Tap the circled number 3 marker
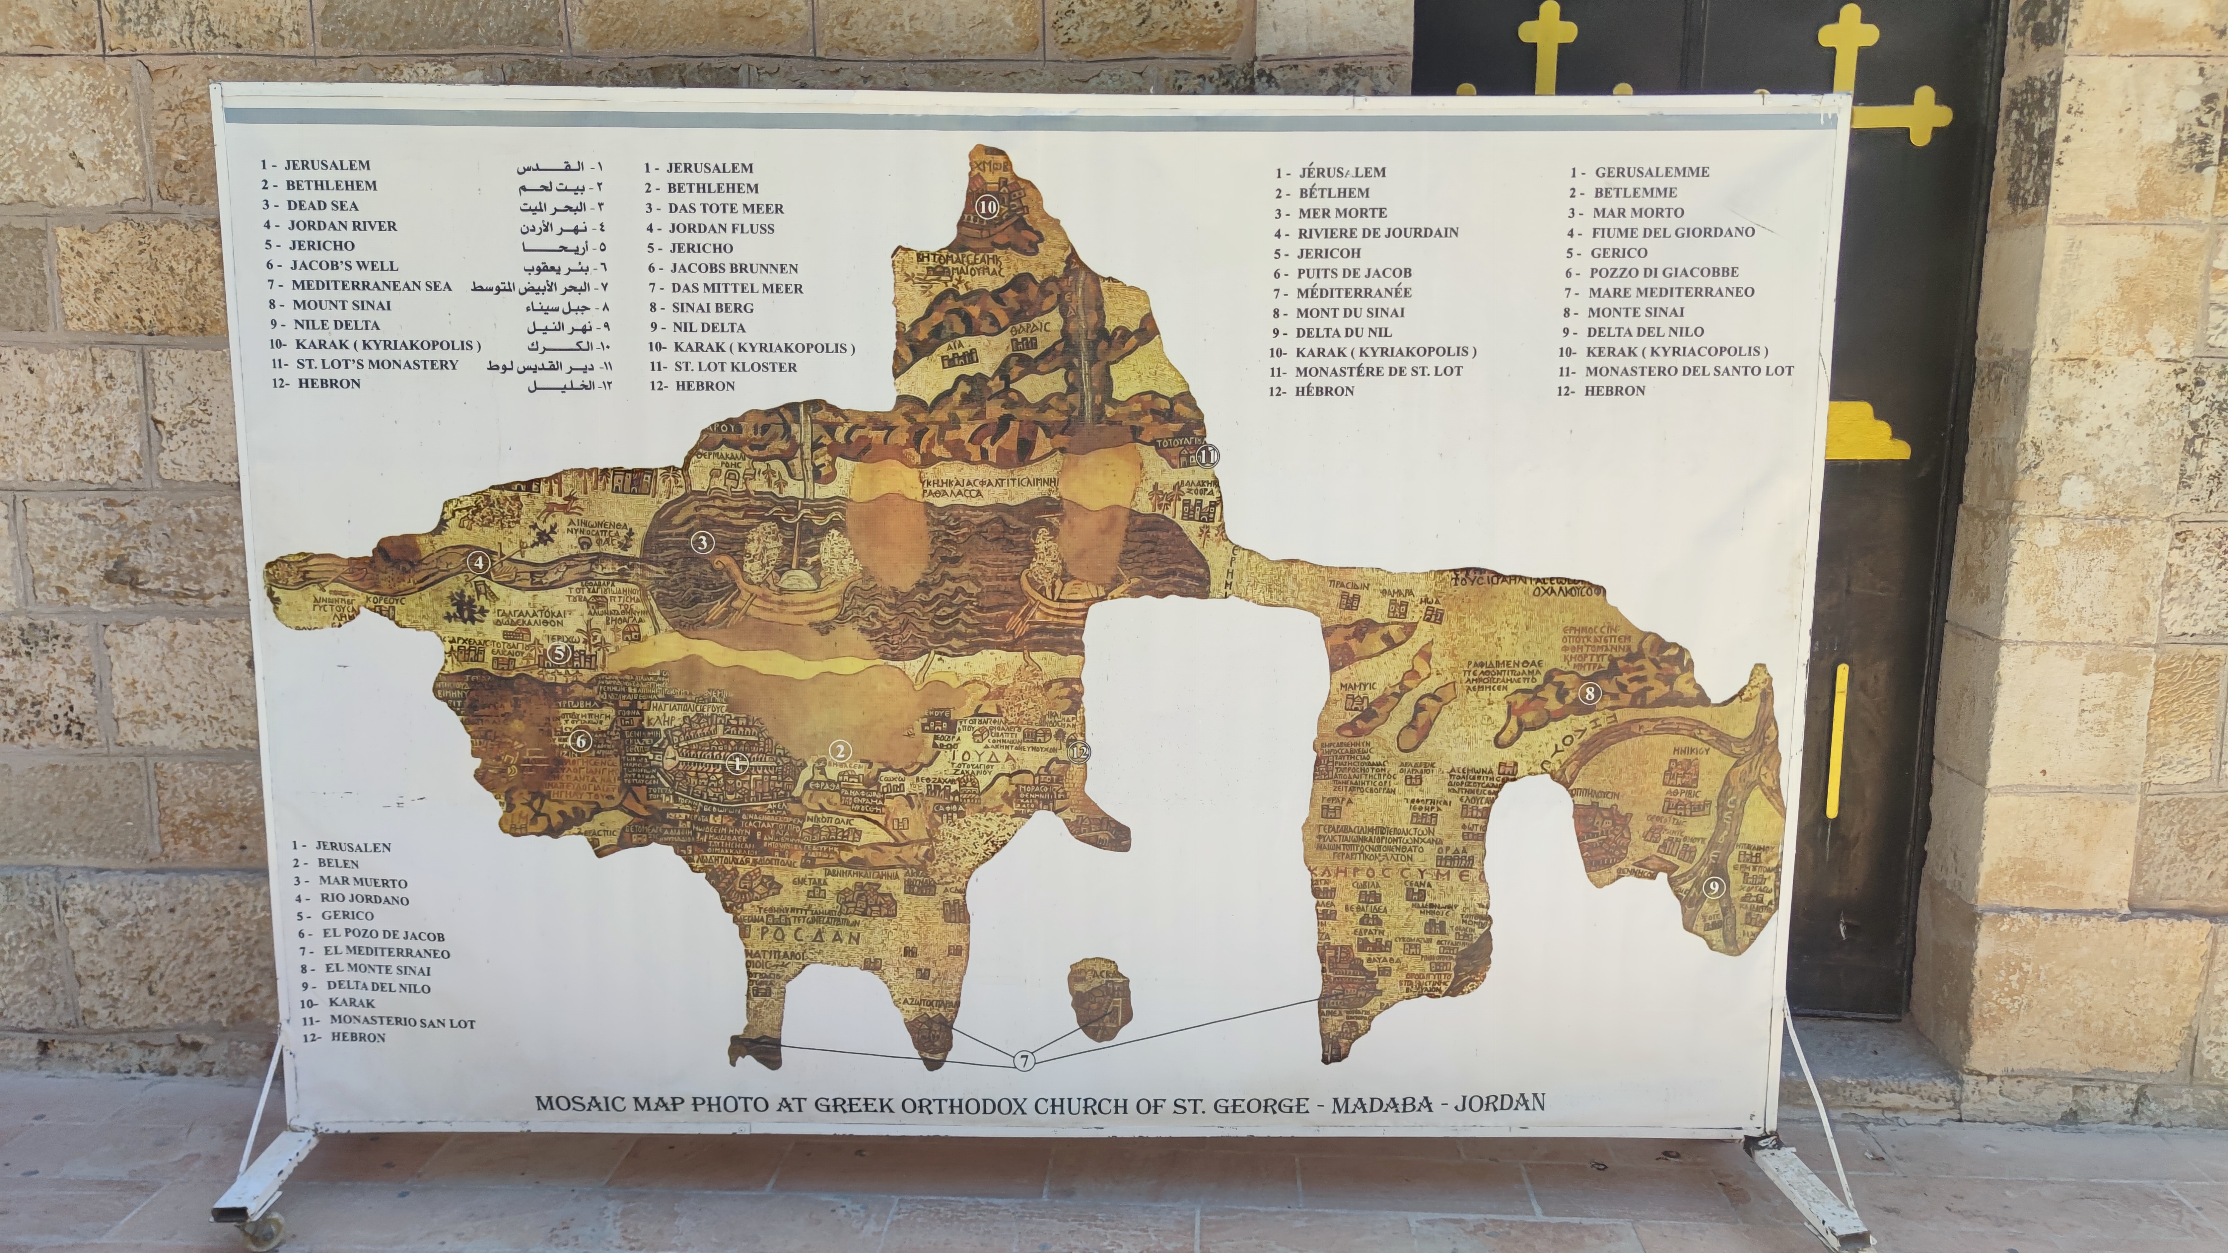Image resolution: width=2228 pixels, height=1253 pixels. (702, 542)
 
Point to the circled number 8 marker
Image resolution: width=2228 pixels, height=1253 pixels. (1589, 693)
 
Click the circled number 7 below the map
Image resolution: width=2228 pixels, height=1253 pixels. (1024, 1061)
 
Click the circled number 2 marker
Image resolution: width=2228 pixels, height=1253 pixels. (839, 751)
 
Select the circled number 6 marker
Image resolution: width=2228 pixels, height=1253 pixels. (581, 741)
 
